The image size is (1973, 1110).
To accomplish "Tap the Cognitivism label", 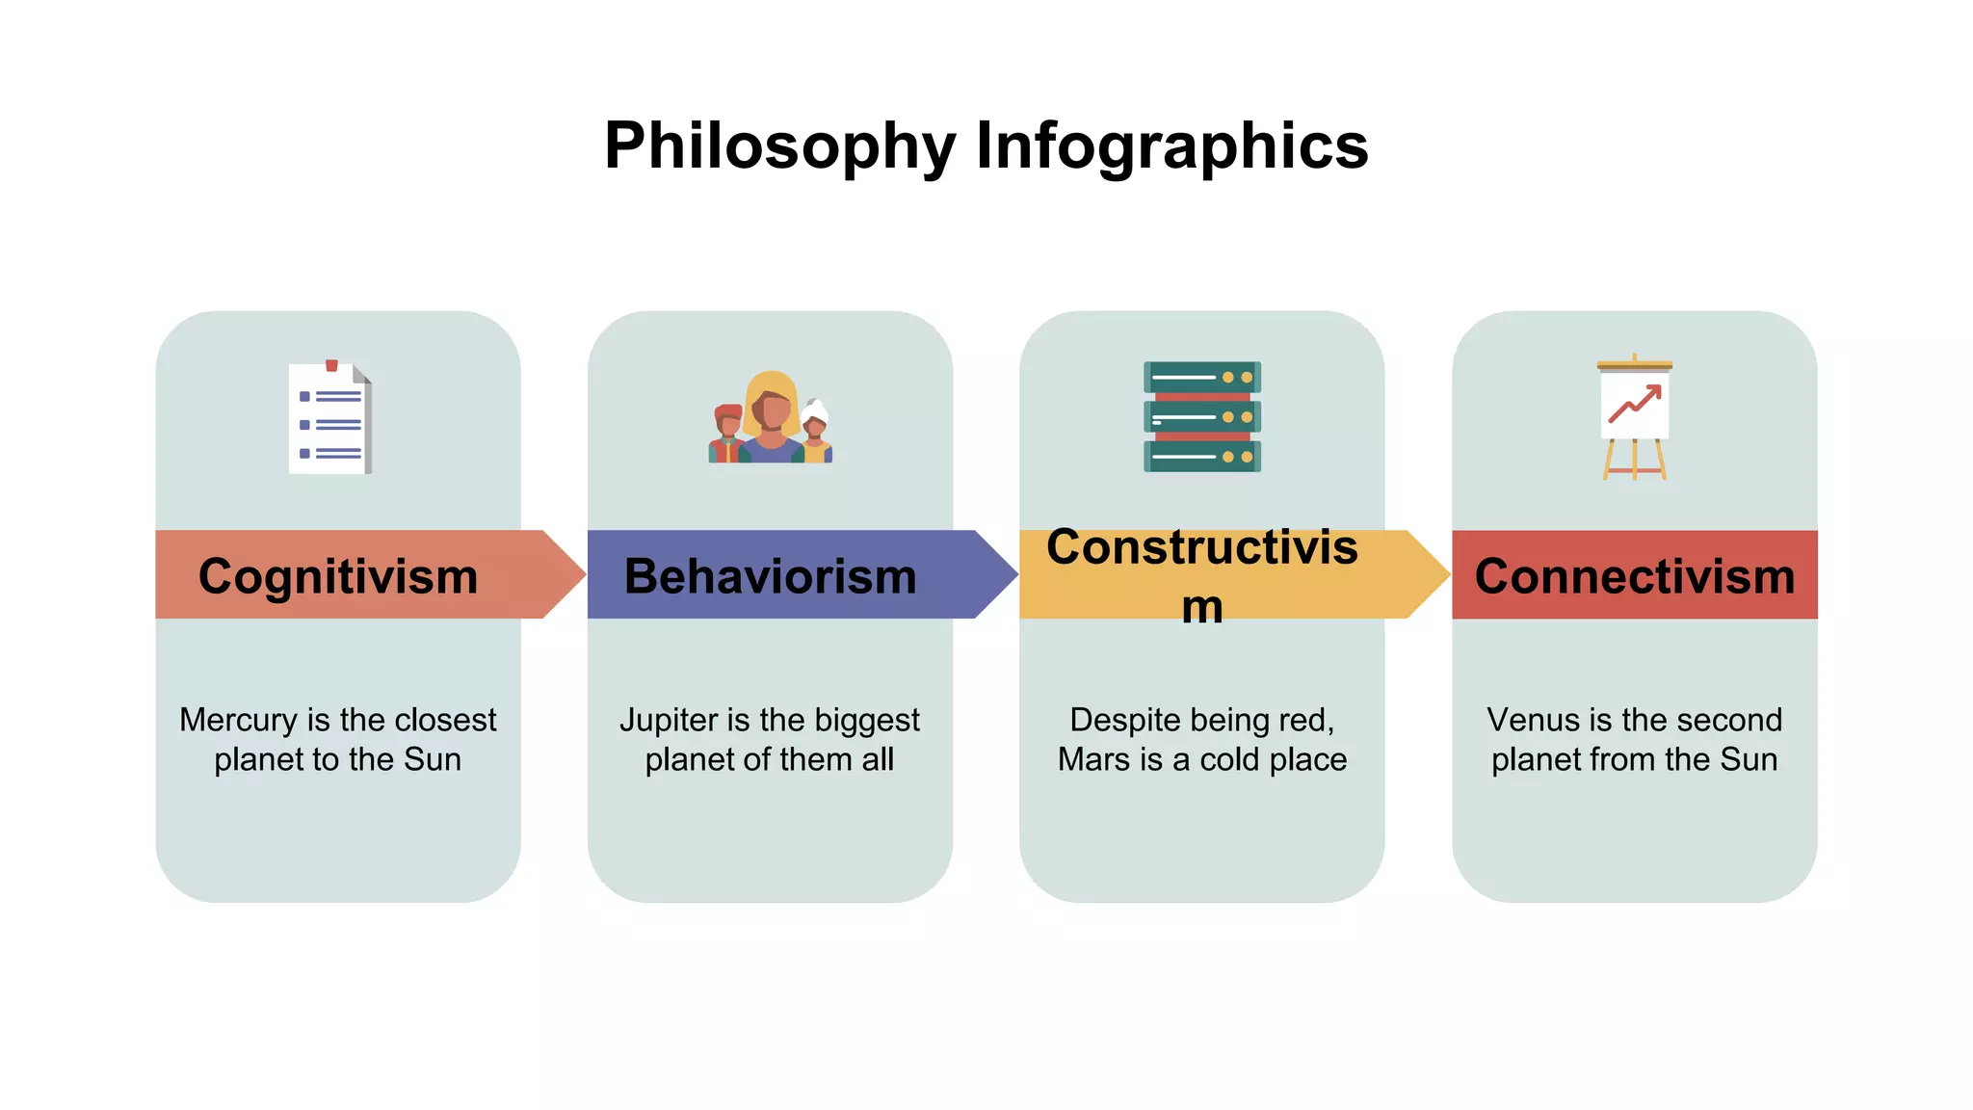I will point(337,576).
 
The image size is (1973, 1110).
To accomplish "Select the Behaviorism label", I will point(770,576).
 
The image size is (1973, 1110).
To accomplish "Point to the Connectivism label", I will point(1634,576).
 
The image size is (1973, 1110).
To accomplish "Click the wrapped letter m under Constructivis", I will point(1202,608).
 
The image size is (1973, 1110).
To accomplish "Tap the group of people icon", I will point(770,418).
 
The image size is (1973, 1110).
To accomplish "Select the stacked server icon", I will point(1201,416).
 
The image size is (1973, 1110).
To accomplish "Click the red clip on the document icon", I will point(331,365).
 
